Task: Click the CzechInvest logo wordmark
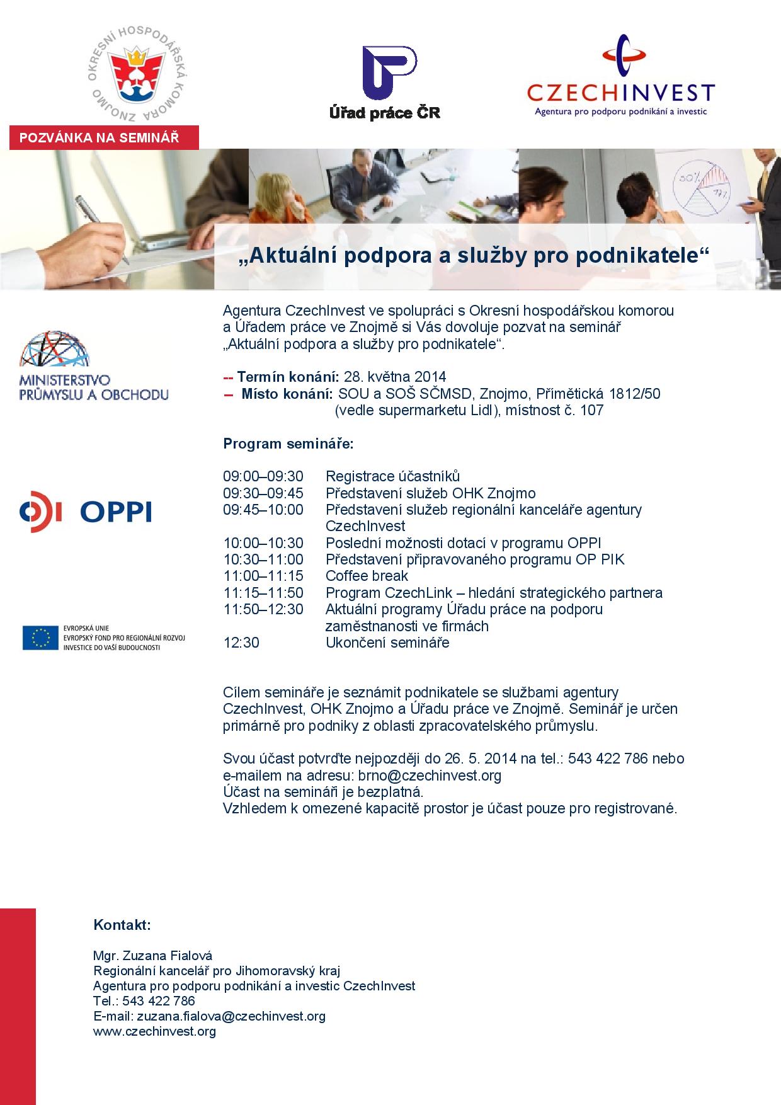coord(620,93)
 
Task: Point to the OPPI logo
coord(85,512)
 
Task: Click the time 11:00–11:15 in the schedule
coord(263,576)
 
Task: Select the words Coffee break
coord(367,576)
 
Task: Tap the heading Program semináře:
coord(288,444)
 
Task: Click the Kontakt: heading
coord(122,925)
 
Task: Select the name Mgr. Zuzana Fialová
coord(153,956)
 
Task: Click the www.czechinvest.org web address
coord(154,1031)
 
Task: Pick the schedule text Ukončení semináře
coord(387,643)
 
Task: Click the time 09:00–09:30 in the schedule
coord(263,476)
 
